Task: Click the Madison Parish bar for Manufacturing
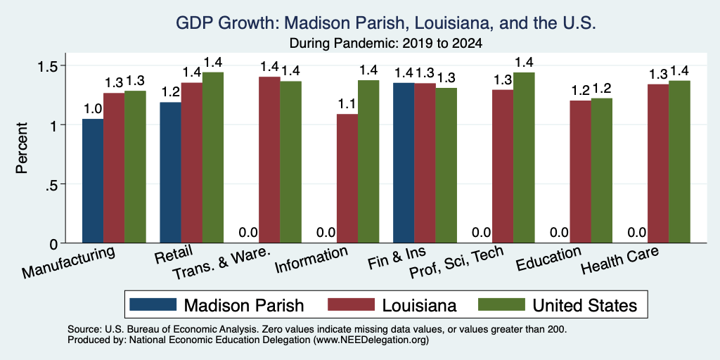(x=93, y=181)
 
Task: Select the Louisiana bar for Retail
(x=192, y=162)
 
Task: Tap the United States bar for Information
(x=368, y=162)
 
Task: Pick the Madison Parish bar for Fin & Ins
(x=404, y=163)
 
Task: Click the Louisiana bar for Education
(x=580, y=172)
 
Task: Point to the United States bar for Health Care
(x=680, y=162)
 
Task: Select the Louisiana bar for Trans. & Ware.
(x=270, y=160)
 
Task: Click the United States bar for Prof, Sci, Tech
(x=524, y=157)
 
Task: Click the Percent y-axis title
(x=22, y=148)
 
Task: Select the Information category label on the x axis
(x=311, y=260)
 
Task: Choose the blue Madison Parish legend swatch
(x=153, y=304)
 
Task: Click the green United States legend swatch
(x=501, y=304)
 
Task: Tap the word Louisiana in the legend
(x=416, y=305)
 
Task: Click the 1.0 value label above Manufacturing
(x=92, y=109)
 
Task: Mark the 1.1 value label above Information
(x=347, y=105)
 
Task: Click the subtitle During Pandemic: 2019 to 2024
(x=385, y=44)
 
